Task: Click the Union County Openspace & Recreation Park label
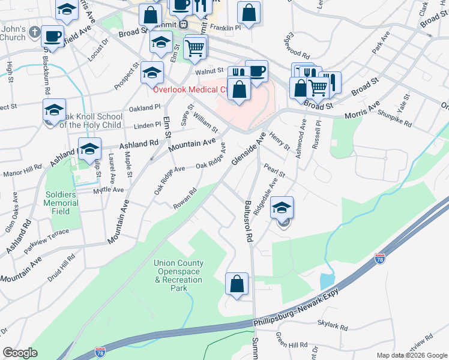pos(178,275)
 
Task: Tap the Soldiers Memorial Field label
pos(61,203)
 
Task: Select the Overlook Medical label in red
pos(189,90)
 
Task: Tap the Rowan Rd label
pos(185,198)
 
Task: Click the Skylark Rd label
pos(335,325)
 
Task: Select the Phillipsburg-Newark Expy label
pos(298,307)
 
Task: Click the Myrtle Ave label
pos(108,190)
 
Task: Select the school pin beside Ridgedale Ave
pos(282,207)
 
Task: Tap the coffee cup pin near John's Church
pos(53,35)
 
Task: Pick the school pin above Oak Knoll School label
pos(54,109)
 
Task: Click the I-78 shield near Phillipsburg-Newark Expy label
pos(379,259)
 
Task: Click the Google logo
pos(20,353)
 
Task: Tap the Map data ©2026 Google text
pos(411,355)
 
